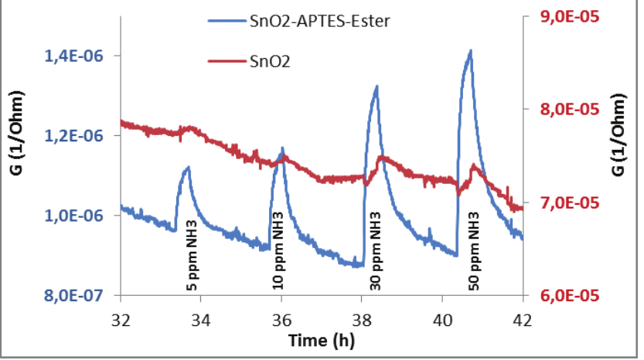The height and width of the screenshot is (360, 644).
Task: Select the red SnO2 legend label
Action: point(268,60)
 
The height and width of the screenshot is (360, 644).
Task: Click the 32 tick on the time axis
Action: point(121,318)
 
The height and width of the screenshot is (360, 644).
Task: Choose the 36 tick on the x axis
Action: point(282,318)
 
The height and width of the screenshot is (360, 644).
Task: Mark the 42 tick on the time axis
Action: point(523,318)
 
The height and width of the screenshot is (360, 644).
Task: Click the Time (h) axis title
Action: point(322,341)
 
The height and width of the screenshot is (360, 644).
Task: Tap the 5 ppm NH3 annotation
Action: point(193,260)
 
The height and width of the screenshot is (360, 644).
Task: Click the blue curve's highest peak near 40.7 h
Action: point(470,51)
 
